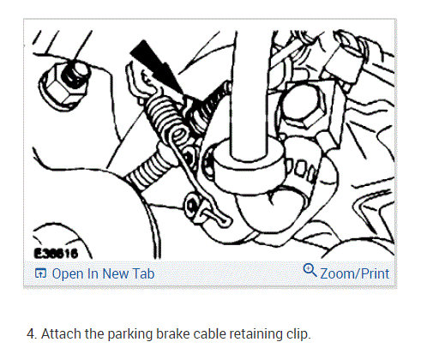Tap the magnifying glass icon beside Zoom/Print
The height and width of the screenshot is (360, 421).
pos(310,273)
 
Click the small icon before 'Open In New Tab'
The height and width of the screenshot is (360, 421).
pos(39,274)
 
